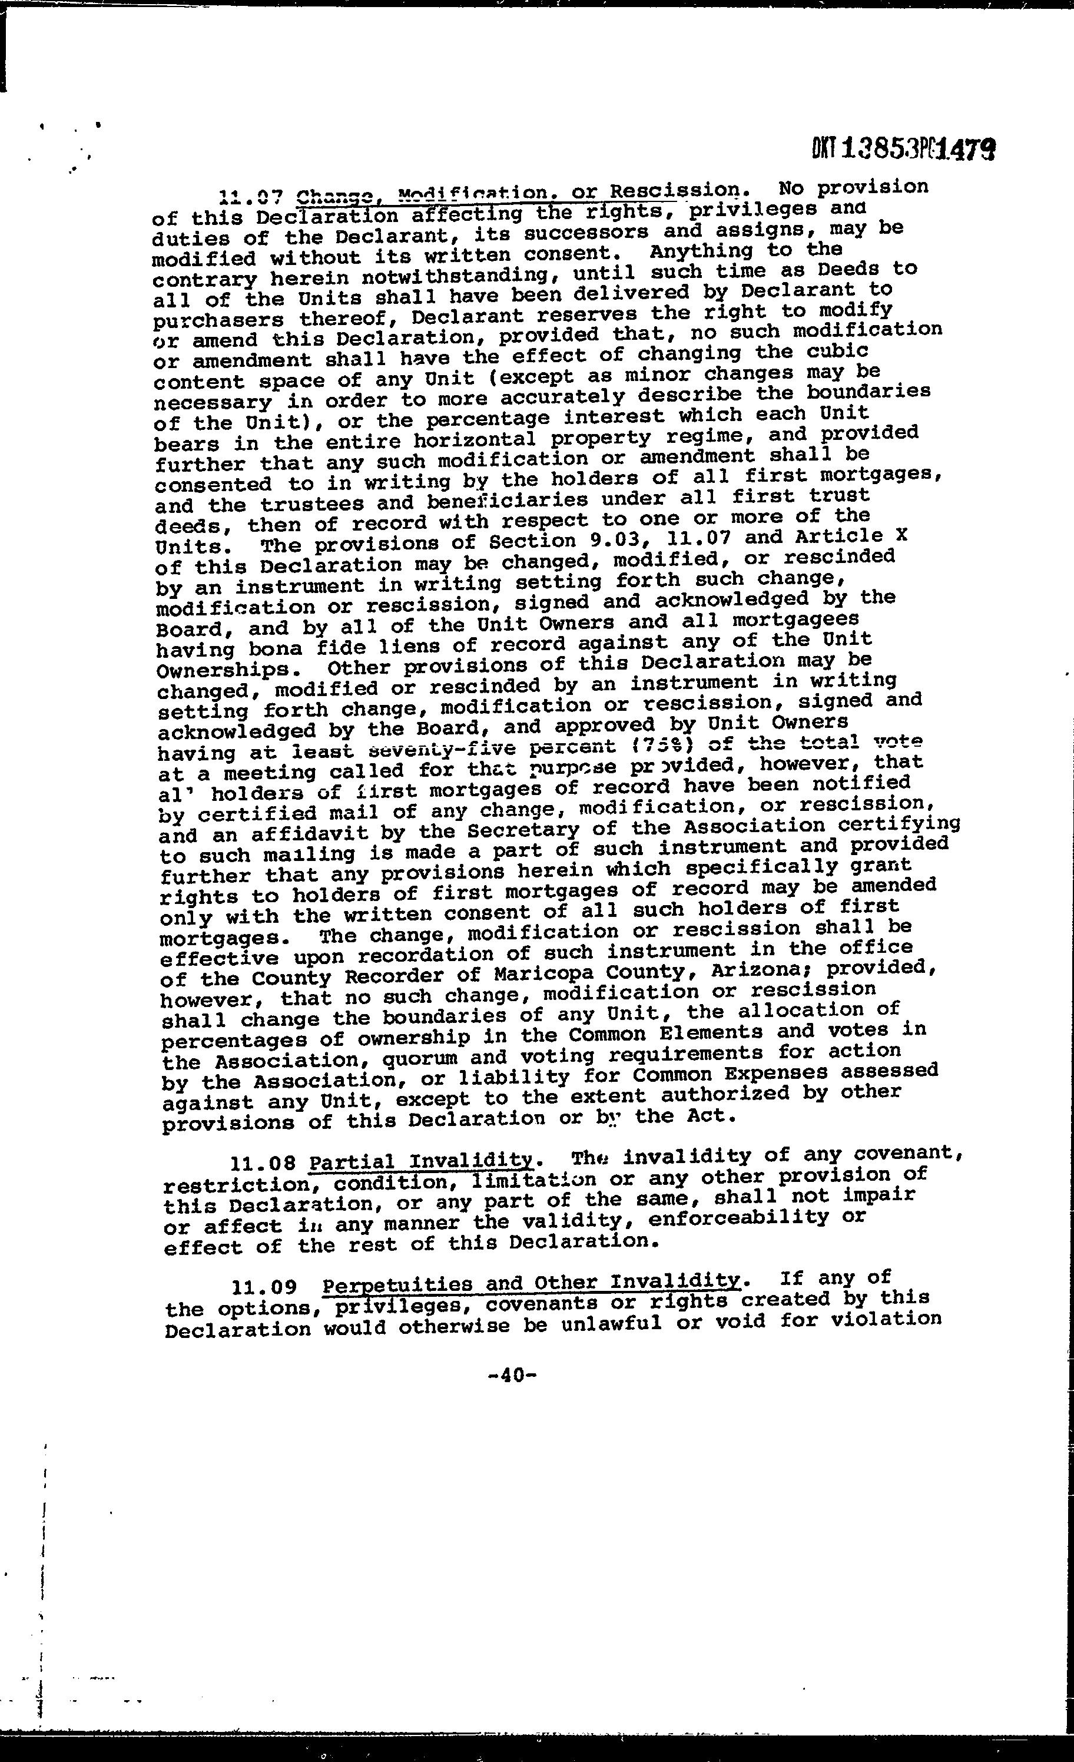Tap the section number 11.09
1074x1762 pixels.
[x=266, y=1288]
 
